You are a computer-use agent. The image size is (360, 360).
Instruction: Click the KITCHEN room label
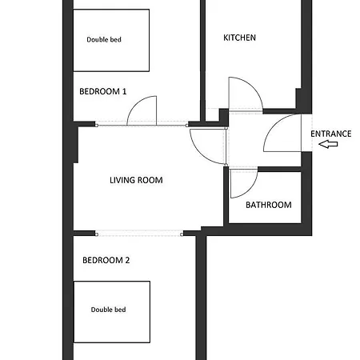pyautogui.click(x=240, y=38)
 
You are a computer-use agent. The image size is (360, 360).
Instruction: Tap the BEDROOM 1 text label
pyautogui.click(x=103, y=92)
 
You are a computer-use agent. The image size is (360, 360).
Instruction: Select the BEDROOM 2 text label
pyautogui.click(x=106, y=260)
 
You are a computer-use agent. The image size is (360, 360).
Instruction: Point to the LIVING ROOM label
pyautogui.click(x=136, y=180)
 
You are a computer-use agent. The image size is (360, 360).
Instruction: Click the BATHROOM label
pyautogui.click(x=268, y=205)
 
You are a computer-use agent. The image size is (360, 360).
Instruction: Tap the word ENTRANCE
pyautogui.click(x=330, y=134)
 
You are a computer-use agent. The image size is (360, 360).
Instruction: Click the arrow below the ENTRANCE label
pyautogui.click(x=328, y=145)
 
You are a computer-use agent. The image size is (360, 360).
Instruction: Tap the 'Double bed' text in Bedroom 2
pyautogui.click(x=108, y=310)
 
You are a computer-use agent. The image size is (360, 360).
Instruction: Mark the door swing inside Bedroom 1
pyautogui.click(x=144, y=111)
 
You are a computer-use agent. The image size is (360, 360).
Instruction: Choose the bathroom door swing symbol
pyautogui.click(x=241, y=183)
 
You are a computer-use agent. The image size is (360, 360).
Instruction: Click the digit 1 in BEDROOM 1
pyautogui.click(x=124, y=92)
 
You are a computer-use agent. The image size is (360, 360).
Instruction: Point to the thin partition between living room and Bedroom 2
pyautogui.click(x=138, y=233)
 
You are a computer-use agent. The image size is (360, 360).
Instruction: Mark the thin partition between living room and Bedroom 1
pyautogui.click(x=142, y=124)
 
